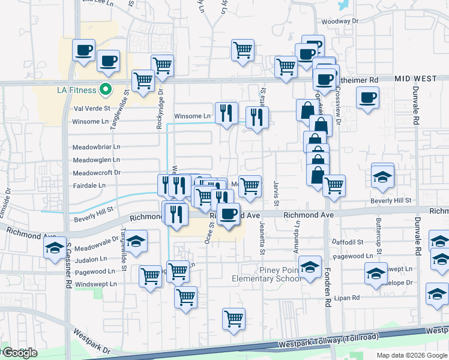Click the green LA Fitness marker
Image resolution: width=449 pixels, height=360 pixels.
pos(106,90)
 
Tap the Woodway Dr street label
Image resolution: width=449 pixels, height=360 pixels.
pos(339,21)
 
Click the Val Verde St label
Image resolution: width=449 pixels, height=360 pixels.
pos(92,109)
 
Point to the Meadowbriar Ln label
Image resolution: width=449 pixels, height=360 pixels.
pos(96,146)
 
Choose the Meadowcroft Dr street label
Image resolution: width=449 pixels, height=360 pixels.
pos(96,172)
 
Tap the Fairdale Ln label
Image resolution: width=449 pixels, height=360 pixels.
pos(89,185)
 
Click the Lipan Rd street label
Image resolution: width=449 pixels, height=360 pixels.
pos(348,298)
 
